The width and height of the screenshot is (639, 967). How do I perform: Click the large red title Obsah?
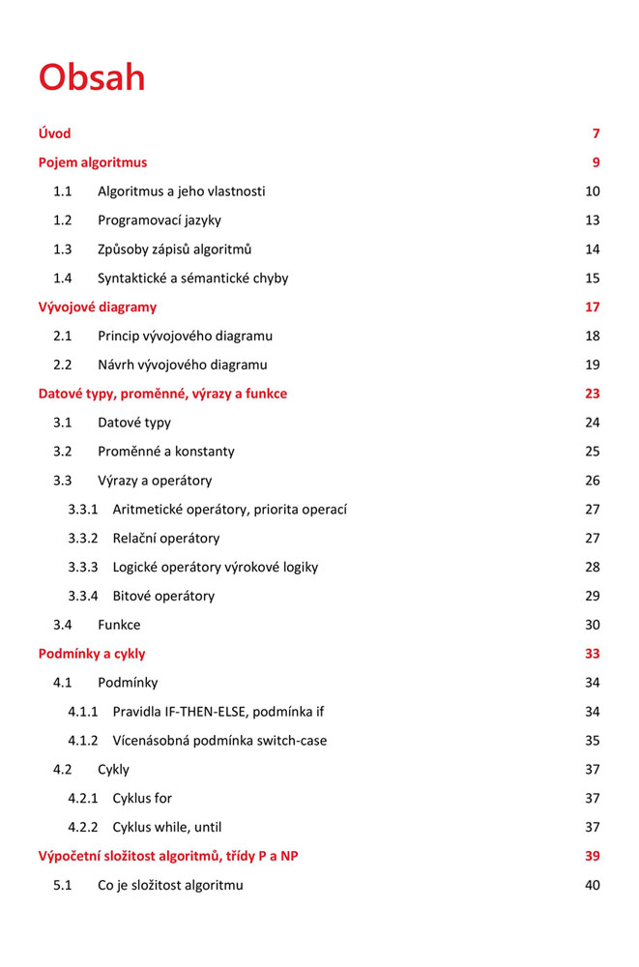pyautogui.click(x=92, y=76)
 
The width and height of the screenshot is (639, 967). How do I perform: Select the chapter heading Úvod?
pyautogui.click(x=54, y=133)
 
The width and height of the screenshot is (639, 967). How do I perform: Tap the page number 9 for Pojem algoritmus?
pyautogui.click(x=595, y=162)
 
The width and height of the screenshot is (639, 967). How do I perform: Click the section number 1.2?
pyautogui.click(x=63, y=220)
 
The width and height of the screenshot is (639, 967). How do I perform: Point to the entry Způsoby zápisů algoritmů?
pyautogui.click(x=174, y=249)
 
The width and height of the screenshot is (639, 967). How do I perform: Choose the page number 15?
pyautogui.click(x=593, y=278)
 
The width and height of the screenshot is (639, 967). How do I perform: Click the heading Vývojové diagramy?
pyautogui.click(x=97, y=308)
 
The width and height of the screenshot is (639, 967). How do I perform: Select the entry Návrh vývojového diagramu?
pyautogui.click(x=182, y=366)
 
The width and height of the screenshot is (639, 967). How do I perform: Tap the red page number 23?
pyautogui.click(x=592, y=394)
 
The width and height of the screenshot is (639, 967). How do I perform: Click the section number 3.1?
pyautogui.click(x=63, y=423)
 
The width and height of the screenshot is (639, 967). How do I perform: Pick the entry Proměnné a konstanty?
pyautogui.click(x=165, y=452)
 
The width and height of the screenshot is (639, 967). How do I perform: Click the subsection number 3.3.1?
pyautogui.click(x=83, y=510)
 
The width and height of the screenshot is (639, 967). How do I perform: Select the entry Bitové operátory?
pyautogui.click(x=163, y=596)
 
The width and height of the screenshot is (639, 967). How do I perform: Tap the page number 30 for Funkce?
pyautogui.click(x=593, y=625)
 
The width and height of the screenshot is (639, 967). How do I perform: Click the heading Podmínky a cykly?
pyautogui.click(x=92, y=654)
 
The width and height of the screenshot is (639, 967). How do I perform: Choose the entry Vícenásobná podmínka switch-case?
pyautogui.click(x=219, y=741)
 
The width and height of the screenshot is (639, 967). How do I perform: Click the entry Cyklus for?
pyautogui.click(x=142, y=799)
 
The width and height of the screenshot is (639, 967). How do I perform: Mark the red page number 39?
pyautogui.click(x=593, y=856)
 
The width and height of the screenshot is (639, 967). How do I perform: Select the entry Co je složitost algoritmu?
pyautogui.click(x=170, y=885)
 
